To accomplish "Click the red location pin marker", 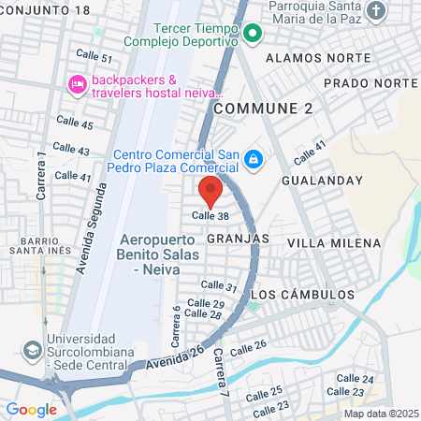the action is point(210,191).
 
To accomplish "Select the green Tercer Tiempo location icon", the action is point(252,36).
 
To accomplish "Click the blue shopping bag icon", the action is point(252,162).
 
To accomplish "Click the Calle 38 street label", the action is point(210,215).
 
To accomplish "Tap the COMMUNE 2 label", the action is point(263,109).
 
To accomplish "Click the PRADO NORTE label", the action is point(370,83).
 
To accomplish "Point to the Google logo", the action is point(31,410).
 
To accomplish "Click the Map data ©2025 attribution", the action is point(380,414).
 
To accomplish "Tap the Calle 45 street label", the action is point(74,123).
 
